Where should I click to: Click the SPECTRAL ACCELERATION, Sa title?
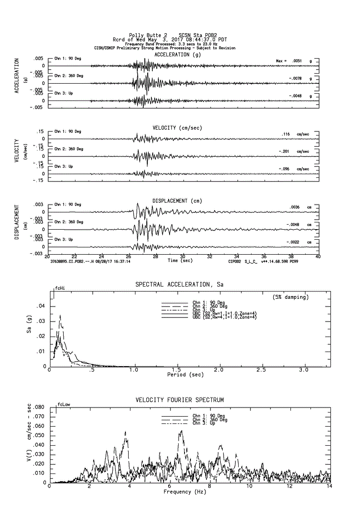point(180,285)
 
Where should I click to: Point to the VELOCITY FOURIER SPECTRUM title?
point(180,400)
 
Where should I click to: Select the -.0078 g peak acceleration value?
point(295,79)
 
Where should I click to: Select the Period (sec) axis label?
point(185,375)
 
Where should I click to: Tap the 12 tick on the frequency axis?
point(289,487)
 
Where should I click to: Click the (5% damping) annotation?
point(290,297)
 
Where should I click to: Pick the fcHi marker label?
point(60,288)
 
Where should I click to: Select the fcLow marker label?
point(63,404)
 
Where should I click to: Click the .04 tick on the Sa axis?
point(40,306)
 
